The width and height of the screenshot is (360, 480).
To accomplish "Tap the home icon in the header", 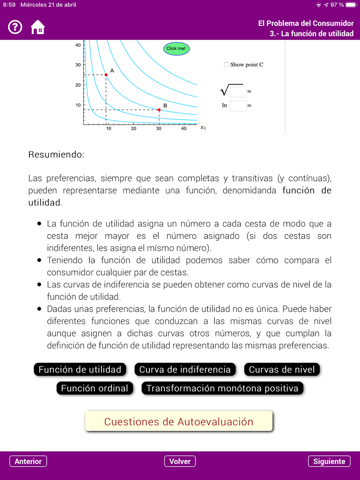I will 38,27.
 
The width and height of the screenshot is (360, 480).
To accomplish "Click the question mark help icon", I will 15,27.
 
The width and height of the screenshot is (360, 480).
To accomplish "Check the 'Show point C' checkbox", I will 226,65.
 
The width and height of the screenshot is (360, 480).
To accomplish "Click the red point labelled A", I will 106,75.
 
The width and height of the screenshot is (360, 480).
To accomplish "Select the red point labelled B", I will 159,110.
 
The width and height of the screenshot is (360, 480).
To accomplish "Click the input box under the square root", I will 238,92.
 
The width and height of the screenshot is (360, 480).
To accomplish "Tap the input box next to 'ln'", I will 238,106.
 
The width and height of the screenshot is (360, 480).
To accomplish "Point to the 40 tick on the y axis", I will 78,45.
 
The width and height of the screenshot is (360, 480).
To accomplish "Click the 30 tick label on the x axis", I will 159,128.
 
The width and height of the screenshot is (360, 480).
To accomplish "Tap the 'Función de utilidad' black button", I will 80,370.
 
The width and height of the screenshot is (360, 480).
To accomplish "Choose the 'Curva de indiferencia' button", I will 185,370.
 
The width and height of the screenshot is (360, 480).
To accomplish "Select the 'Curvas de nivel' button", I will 282,370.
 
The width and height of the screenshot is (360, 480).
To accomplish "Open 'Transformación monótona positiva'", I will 222,388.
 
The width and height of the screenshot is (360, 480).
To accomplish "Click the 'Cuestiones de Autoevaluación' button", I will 179,421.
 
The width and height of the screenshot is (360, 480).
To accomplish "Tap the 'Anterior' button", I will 28,461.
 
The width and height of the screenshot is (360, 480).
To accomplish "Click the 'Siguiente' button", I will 329,461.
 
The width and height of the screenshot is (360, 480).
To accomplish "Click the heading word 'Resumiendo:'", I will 56,155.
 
